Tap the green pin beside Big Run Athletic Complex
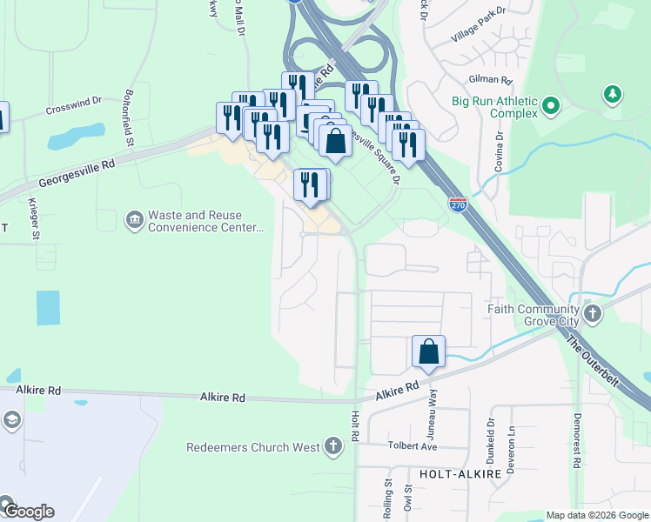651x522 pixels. [x=550, y=107]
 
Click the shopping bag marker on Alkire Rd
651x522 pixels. [x=429, y=352]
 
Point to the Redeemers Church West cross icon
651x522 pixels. [x=332, y=448]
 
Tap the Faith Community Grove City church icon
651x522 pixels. [x=593, y=313]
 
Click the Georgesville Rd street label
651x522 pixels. [x=77, y=172]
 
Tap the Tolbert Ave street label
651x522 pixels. [x=413, y=446]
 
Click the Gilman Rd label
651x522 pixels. [x=487, y=79]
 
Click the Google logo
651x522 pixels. [x=28, y=511]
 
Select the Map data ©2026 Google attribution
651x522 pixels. [x=597, y=515]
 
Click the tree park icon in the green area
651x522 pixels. [x=614, y=94]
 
